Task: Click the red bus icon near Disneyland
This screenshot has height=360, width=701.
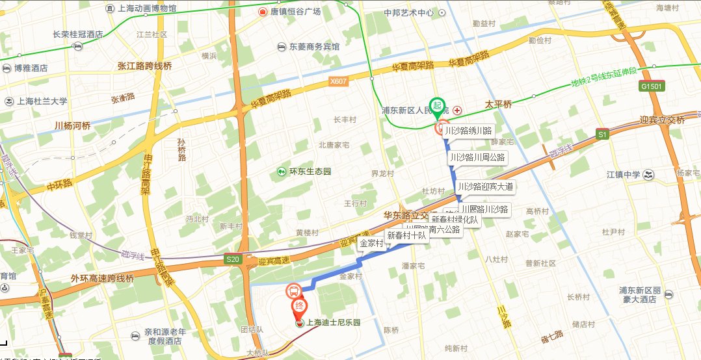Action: click(293, 290)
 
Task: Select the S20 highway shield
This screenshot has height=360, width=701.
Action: click(233, 260)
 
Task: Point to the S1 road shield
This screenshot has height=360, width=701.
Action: click(603, 135)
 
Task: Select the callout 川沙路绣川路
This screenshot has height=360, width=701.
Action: click(472, 131)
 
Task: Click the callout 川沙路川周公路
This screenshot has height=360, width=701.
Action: click(477, 157)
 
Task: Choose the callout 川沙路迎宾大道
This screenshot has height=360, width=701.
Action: click(485, 186)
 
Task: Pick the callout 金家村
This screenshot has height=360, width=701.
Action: click(370, 244)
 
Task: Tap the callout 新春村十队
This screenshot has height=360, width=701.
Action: click(406, 235)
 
